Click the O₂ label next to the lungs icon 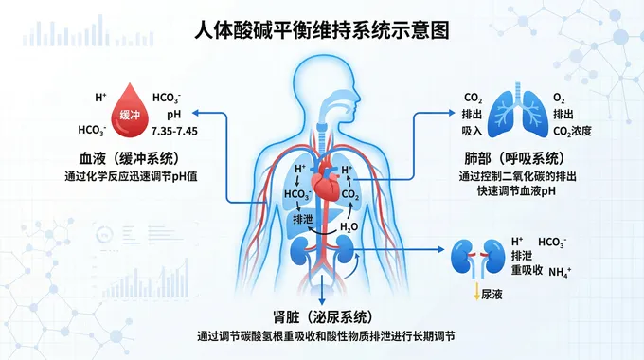[x=559, y=97]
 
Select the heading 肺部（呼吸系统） [x=515, y=157]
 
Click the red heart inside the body [x=327, y=180]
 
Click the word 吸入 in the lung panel [x=473, y=130]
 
